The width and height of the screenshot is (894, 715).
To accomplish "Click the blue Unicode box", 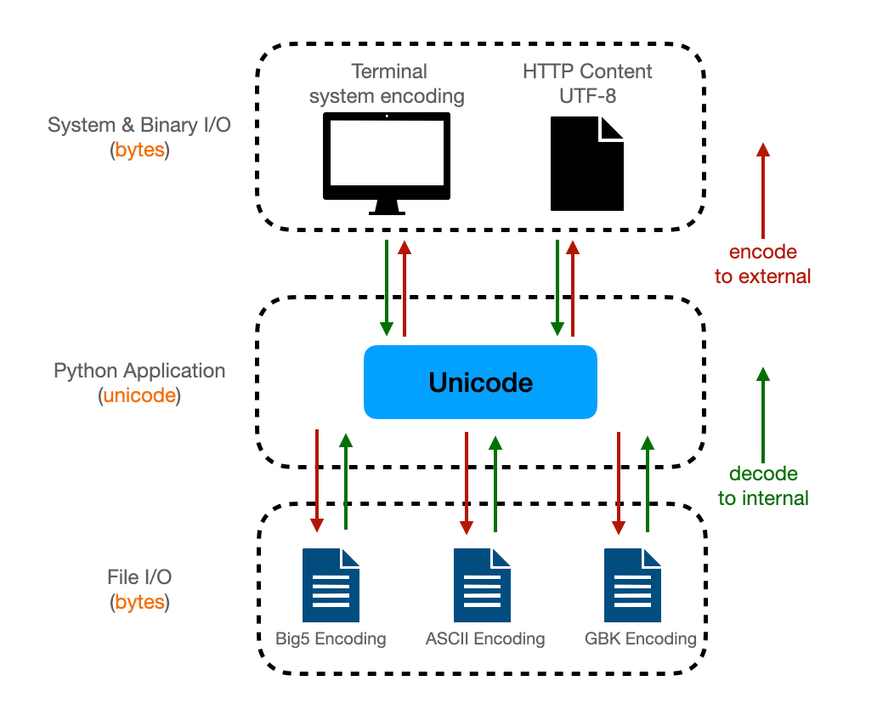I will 480,383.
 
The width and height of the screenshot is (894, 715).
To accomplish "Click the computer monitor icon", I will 387,162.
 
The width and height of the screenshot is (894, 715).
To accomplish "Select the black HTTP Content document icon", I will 586,163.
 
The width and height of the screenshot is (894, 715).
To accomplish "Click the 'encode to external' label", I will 762,264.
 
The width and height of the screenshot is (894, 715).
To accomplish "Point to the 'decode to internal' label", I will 762,486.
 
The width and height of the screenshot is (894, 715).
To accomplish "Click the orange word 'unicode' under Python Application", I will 139,395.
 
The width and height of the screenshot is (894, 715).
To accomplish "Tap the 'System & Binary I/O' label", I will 139,126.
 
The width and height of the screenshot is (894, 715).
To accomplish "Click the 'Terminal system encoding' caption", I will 387,83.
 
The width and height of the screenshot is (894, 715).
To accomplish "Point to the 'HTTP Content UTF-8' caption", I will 587,83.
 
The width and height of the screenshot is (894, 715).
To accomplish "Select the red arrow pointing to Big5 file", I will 317,480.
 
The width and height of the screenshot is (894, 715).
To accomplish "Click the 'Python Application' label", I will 139,372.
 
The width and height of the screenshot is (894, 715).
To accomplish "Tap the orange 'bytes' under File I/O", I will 140,603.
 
